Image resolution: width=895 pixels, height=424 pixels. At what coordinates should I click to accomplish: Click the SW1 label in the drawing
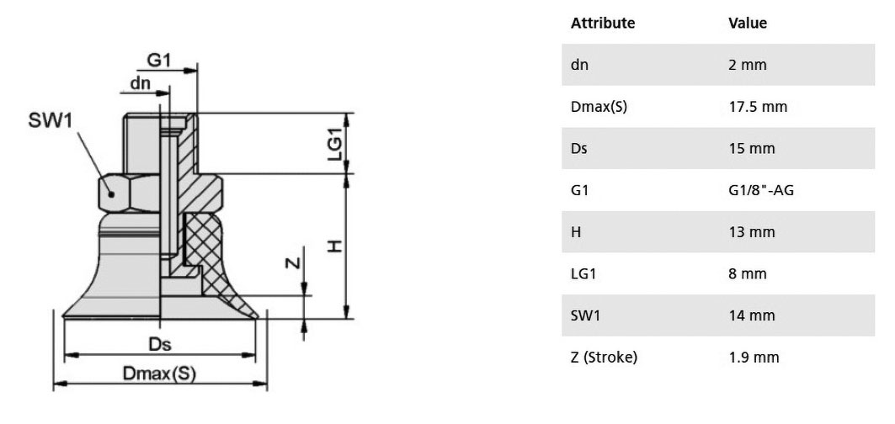[x=51, y=121]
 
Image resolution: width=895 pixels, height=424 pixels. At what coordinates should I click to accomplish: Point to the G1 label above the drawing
[x=159, y=60]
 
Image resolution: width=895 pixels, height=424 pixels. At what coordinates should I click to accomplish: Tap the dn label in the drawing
[x=140, y=83]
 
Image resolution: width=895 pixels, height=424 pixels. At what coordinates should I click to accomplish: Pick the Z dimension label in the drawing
[x=292, y=262]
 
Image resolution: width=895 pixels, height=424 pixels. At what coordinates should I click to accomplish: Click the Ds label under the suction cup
[x=160, y=344]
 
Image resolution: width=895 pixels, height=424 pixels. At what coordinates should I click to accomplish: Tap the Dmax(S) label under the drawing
[x=159, y=374]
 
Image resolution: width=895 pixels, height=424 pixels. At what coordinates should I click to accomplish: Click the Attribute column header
[x=603, y=23]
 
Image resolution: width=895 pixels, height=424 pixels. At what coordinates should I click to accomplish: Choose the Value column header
[x=748, y=23]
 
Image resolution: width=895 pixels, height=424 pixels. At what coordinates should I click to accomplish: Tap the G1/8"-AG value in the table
[x=761, y=190]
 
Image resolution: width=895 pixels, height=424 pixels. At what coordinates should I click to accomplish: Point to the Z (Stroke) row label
[x=604, y=358]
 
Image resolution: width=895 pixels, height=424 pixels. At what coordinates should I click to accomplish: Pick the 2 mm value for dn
[x=748, y=65]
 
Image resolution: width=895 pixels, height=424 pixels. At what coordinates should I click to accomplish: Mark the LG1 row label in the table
[x=583, y=273]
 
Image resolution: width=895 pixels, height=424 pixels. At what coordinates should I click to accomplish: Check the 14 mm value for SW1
[x=752, y=315]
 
